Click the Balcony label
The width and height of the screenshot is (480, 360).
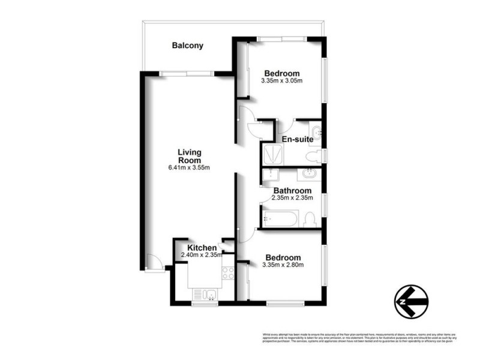click(187, 45)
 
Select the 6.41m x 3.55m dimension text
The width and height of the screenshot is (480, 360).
click(188, 167)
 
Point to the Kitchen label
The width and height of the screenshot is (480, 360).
click(202, 247)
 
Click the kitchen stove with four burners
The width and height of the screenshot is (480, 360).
click(228, 274)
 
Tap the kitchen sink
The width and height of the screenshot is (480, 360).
click(205, 294)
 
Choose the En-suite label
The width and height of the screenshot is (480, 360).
click(297, 140)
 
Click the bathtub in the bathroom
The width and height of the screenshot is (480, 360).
click(280, 218)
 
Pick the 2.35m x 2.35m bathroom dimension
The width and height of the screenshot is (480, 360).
click(292, 198)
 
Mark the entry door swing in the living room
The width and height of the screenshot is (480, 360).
click(154, 262)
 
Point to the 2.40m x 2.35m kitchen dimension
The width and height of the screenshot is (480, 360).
click(202, 254)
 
